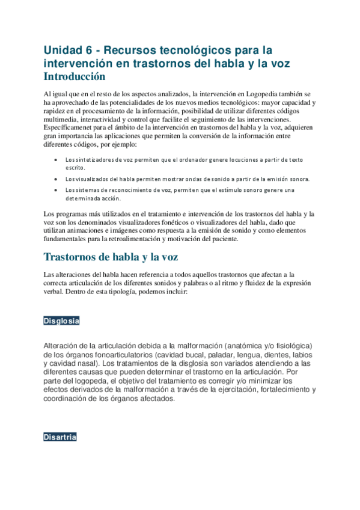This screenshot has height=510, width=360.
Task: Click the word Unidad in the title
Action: click(62, 49)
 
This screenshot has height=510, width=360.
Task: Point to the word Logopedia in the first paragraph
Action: click(264, 94)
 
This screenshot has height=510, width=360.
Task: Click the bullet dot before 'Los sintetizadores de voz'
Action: click(55, 160)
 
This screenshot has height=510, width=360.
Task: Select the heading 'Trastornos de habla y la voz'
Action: click(111, 258)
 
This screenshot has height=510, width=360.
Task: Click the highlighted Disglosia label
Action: click(61, 321)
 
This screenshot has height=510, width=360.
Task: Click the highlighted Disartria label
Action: click(59, 437)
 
